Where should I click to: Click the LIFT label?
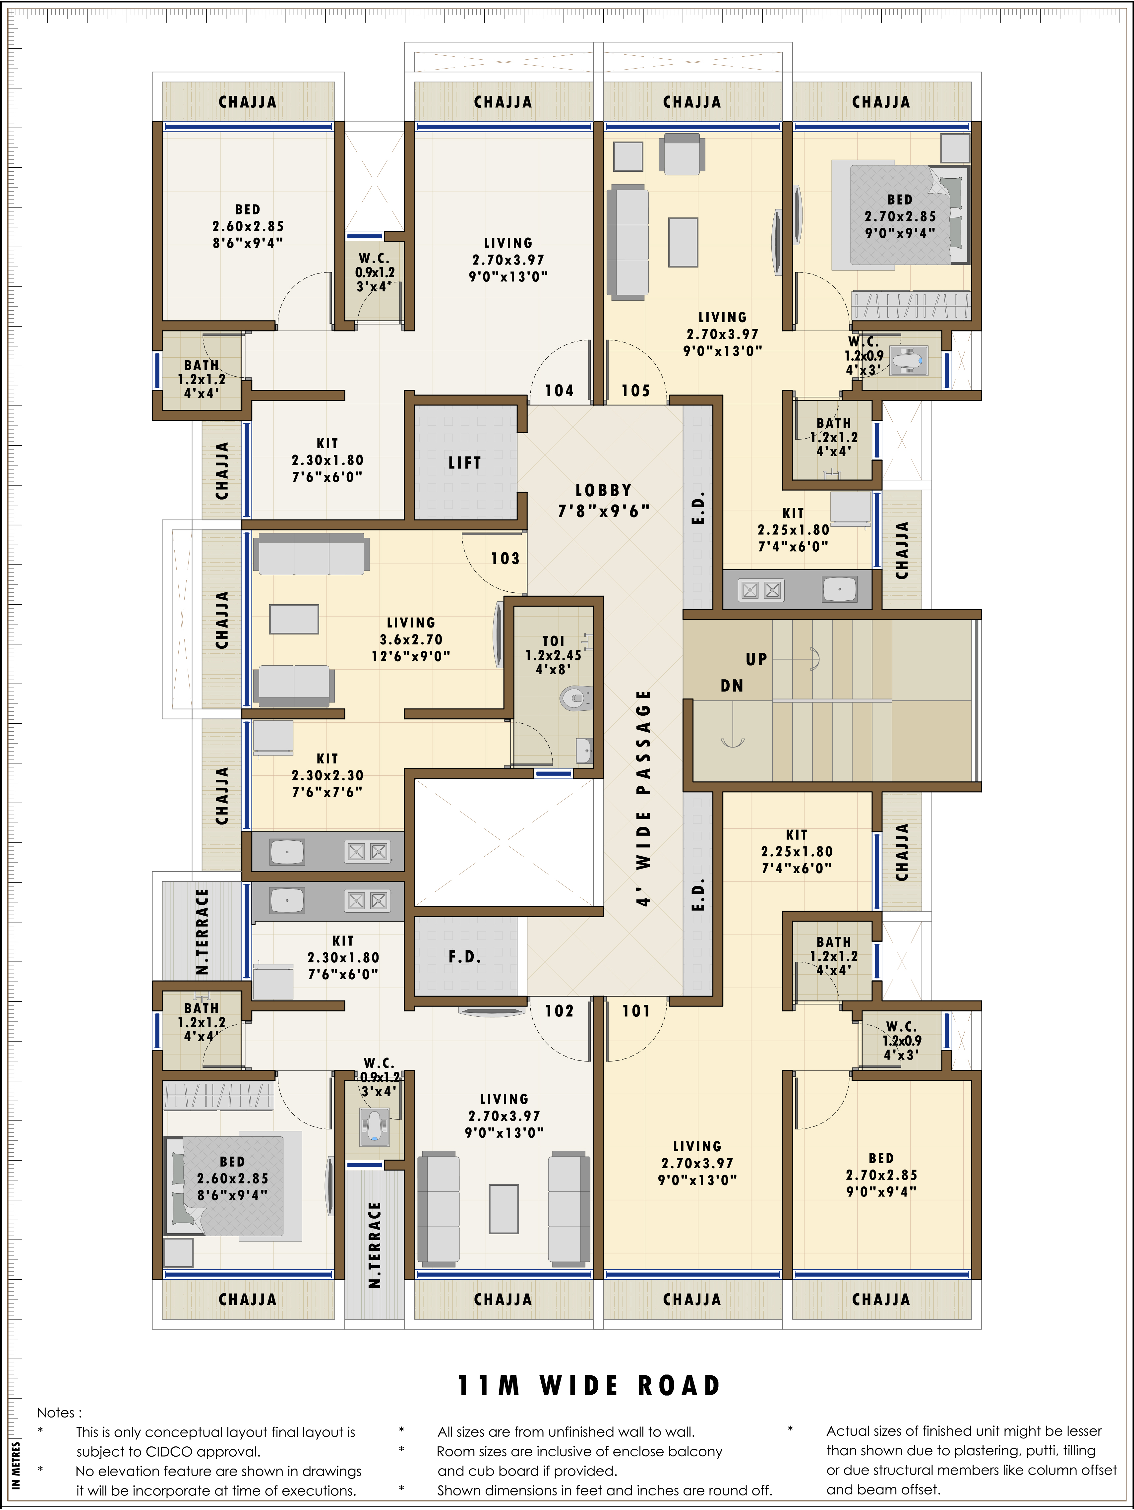click(465, 463)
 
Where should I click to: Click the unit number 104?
click(559, 391)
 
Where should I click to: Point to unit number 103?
click(505, 558)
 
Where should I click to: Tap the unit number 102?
click(559, 1011)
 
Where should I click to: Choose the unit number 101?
click(635, 1011)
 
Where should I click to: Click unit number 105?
click(635, 391)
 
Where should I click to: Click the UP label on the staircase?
click(756, 659)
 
